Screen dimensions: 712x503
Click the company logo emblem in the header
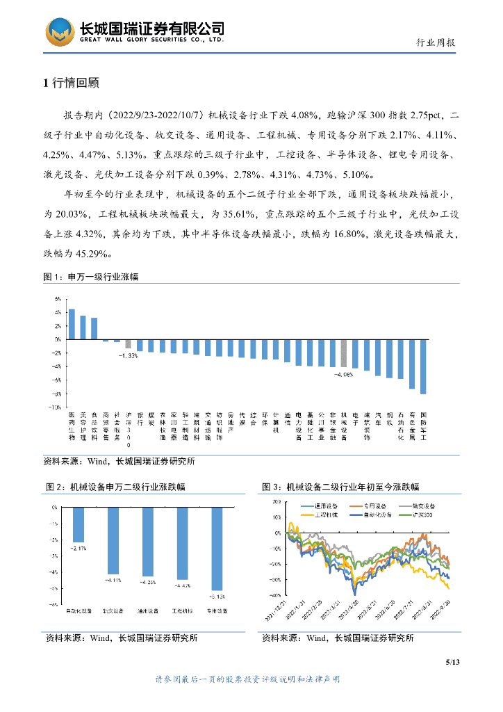click(60, 32)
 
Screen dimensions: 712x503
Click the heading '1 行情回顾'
click(72, 83)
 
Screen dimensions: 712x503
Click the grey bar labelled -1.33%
click(128, 343)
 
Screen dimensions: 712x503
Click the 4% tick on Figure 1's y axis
click(58, 312)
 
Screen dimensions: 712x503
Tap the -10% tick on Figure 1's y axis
click(56, 407)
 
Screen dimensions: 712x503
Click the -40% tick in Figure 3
click(276, 595)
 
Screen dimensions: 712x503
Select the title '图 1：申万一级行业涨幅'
click(91, 277)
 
